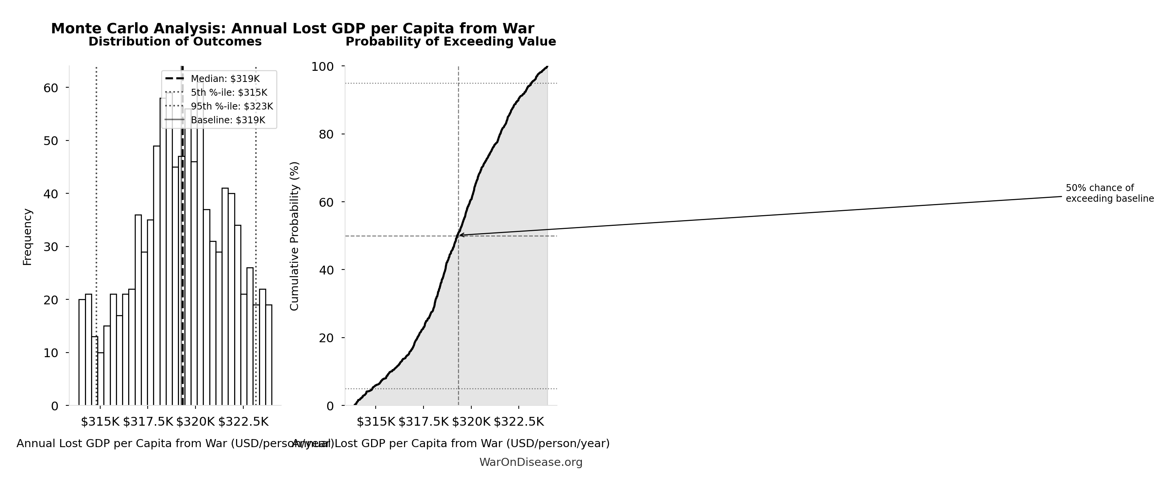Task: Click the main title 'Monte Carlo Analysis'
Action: tap(292, 28)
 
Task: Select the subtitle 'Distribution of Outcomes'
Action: tap(175, 42)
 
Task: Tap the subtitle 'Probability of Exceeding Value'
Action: tap(451, 42)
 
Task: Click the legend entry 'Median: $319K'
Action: tap(225, 78)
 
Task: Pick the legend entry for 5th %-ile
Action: tap(229, 93)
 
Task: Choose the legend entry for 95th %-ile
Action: tap(231, 106)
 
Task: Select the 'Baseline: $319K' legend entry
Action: tap(228, 120)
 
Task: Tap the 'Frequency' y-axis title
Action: tap(28, 237)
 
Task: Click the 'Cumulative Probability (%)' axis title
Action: tap(295, 236)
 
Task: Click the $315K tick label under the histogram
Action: tap(100, 421)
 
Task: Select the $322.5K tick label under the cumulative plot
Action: tap(519, 421)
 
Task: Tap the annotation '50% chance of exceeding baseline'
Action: tap(1109, 194)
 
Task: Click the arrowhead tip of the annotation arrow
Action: tap(459, 235)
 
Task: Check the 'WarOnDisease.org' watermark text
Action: tap(531, 462)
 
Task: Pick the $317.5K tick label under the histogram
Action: tap(148, 421)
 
